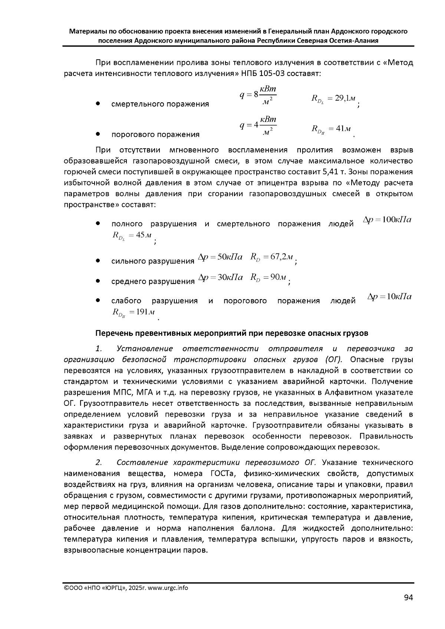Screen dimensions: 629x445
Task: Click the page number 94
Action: pyautogui.click(x=408, y=597)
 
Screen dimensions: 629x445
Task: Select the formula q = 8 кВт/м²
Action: pyautogui.click(x=258, y=95)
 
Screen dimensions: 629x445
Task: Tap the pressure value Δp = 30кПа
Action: pyautogui.click(x=221, y=277)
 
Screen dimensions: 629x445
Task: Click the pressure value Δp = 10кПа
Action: pyautogui.click(x=389, y=297)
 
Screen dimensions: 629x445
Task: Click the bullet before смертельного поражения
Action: pyautogui.click(x=98, y=104)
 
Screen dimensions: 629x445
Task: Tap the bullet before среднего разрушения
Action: pyautogui.click(x=98, y=281)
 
